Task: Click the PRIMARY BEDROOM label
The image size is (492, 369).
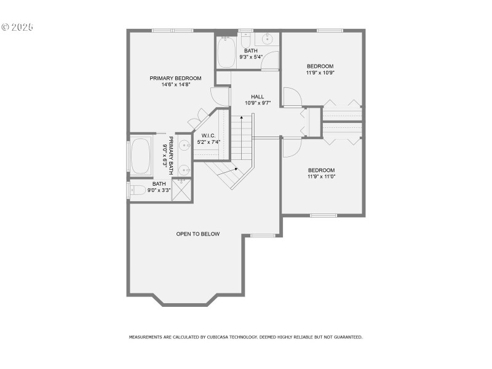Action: (x=175, y=78)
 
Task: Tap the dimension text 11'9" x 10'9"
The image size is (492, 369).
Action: (x=320, y=73)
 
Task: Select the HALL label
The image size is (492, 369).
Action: (x=257, y=97)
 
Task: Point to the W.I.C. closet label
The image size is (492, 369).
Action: (x=208, y=135)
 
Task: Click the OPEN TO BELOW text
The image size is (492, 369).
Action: (x=197, y=234)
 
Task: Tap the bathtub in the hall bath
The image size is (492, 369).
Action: (x=226, y=52)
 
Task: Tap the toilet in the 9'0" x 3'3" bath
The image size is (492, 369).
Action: (x=138, y=190)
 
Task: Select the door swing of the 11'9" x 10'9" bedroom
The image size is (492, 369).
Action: (x=292, y=97)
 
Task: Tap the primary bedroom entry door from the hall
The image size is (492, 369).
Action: (x=220, y=97)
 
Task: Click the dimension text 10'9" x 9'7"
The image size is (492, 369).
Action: (x=258, y=103)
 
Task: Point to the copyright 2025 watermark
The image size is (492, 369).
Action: (x=17, y=28)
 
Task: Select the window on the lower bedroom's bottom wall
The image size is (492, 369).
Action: (x=323, y=215)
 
